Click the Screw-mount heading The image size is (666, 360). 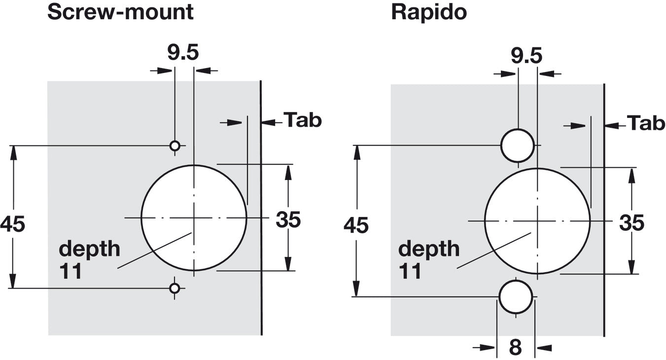[120, 12]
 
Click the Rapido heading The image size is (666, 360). [428, 12]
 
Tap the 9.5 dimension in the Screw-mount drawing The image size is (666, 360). [183, 53]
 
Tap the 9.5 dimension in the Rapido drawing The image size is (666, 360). [526, 56]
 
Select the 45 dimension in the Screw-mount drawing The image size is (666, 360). [12, 224]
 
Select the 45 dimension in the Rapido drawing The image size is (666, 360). [356, 226]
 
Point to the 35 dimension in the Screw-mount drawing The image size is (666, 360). [288, 220]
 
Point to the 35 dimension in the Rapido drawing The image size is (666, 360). [631, 223]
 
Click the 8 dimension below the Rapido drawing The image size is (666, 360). [515, 347]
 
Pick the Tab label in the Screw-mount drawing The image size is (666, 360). [303, 120]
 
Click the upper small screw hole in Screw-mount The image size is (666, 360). [175, 145]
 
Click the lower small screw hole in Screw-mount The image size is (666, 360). [175, 288]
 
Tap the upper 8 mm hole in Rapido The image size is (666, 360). [518, 145]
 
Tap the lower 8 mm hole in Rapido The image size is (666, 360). [516, 296]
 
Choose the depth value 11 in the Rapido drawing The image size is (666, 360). [410, 271]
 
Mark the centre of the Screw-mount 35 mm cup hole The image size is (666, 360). [194, 217]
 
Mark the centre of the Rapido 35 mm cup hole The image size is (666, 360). [537, 220]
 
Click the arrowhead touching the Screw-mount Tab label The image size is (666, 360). [268, 122]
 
